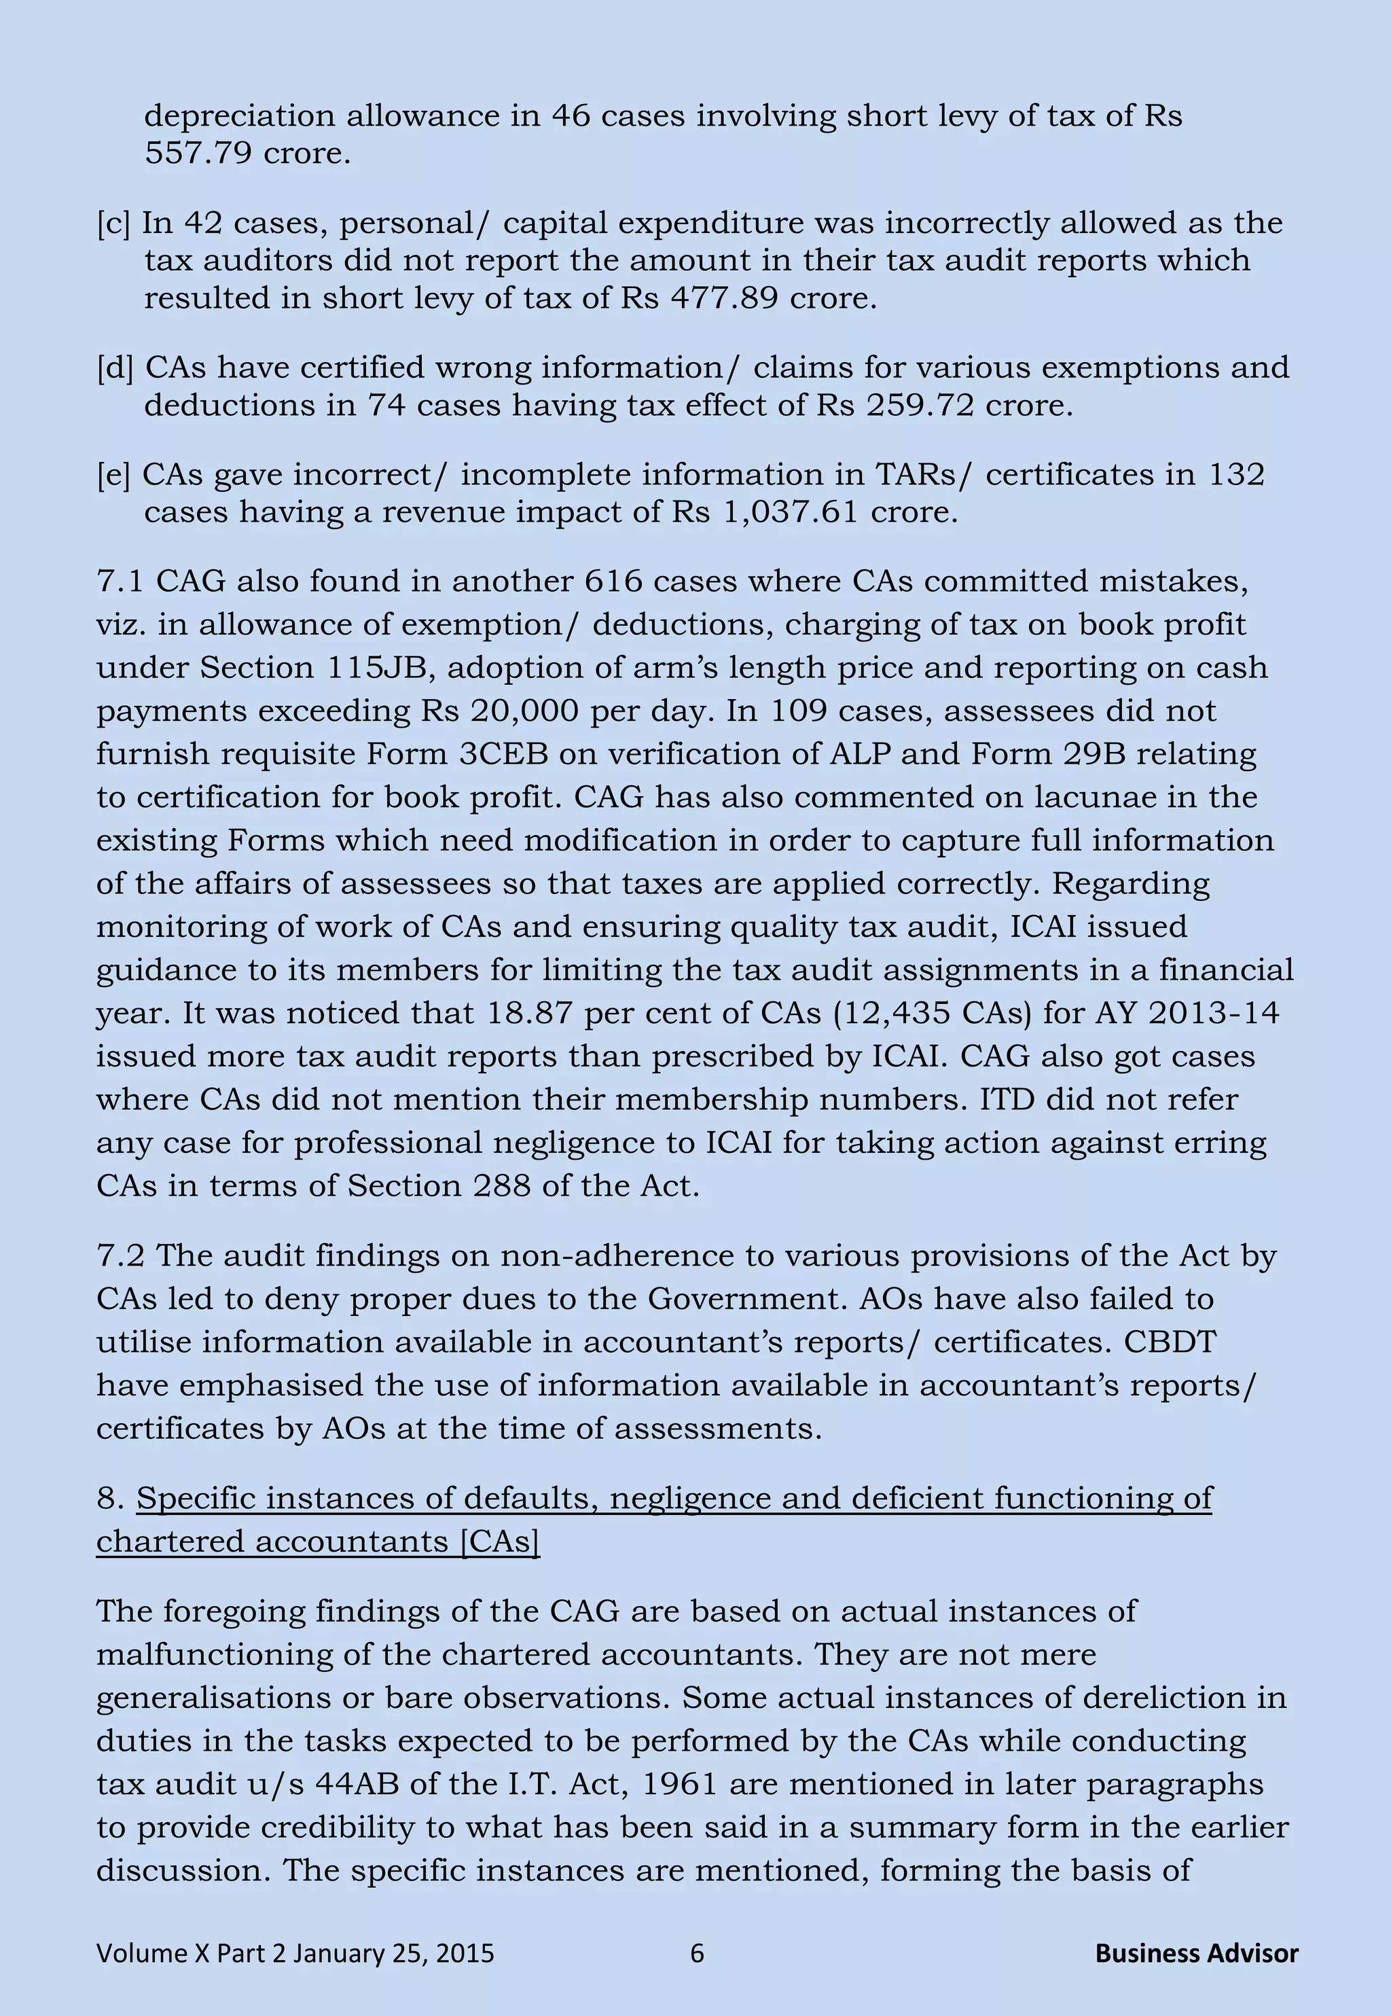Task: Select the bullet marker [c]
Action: [x=113, y=223]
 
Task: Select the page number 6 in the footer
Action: [x=696, y=1953]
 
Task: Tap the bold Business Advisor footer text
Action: [x=1196, y=1953]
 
